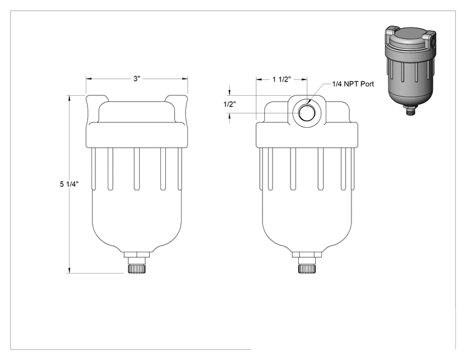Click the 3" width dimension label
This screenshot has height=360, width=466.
tap(137, 79)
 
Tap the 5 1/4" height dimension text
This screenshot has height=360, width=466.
tap(69, 184)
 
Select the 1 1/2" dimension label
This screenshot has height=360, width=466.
tap(281, 80)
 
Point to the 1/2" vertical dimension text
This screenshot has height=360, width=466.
tap(229, 105)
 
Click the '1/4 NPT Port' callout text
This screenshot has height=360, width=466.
tap(353, 84)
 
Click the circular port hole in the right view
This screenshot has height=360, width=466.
tap(306, 113)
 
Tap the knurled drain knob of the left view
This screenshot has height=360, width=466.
tap(137, 269)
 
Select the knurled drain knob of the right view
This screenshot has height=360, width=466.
tap(307, 269)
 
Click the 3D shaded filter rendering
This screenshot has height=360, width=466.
tap(410, 70)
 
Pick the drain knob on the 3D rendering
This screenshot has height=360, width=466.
tap(410, 112)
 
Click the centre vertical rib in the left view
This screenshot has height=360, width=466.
tap(137, 168)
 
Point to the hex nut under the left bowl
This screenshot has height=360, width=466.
tap(137, 255)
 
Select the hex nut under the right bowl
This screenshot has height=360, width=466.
tap(307, 255)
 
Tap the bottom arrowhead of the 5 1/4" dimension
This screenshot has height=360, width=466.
tap(70, 270)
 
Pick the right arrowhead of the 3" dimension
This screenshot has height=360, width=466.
tap(185, 79)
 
